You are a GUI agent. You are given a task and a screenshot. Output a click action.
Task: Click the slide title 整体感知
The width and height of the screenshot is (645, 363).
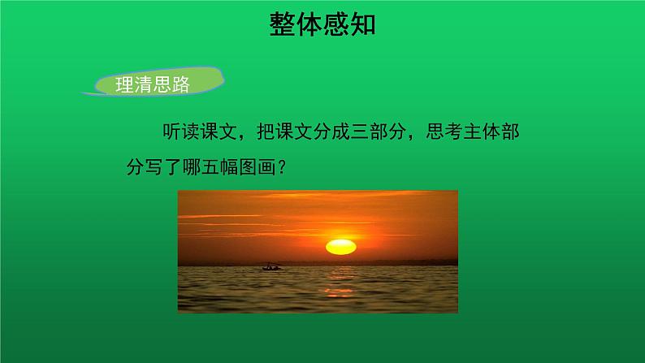point(322,25)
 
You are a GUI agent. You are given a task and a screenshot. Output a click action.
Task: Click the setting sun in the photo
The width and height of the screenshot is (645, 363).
point(340,245)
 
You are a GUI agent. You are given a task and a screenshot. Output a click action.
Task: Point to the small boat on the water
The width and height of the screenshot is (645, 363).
point(272,266)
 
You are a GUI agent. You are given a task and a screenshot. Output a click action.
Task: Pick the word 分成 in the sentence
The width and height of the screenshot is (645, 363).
point(331,131)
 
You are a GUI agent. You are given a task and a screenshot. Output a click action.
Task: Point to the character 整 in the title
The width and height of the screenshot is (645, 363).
point(281,25)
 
